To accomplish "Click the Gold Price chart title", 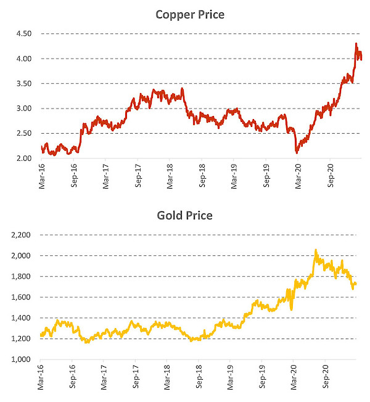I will tap(185, 216).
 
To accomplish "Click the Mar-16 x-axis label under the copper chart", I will tap(42, 176).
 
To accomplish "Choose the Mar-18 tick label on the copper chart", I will tap(170, 176).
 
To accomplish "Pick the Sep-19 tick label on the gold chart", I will tap(261, 377).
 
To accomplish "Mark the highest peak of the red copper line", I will tap(356, 44).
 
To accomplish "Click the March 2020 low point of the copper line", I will tap(297, 152).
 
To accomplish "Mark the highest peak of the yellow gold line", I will tap(316, 250).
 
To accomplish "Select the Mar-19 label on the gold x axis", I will tap(229, 377).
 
